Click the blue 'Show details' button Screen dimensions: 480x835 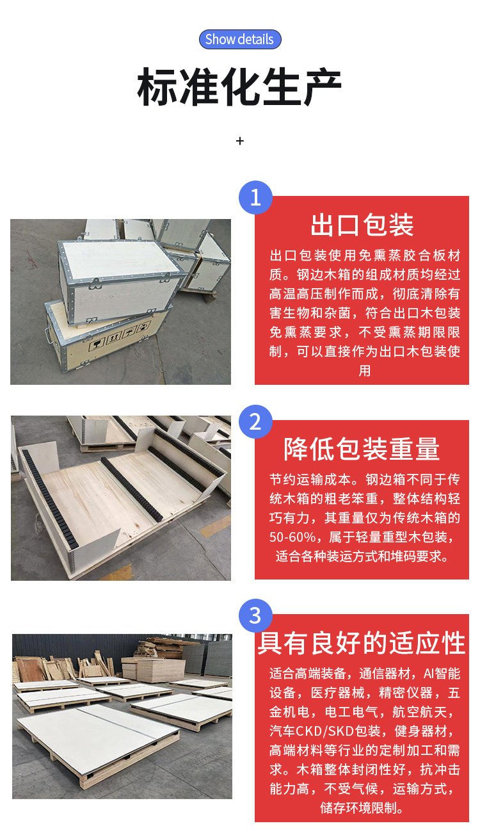[x=239, y=39]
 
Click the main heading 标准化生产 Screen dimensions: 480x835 [x=239, y=87]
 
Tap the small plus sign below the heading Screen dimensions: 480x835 [x=240, y=141]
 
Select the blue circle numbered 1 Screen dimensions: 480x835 [x=255, y=197]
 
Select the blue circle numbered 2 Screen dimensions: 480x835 [x=255, y=421]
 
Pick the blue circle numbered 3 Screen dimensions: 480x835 [x=255, y=615]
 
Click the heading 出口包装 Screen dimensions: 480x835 [x=362, y=225]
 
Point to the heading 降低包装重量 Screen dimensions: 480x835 [x=362, y=449]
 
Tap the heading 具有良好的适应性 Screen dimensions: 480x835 [x=362, y=643]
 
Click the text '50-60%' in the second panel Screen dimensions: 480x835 [x=292, y=537]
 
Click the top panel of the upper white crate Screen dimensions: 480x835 [x=119, y=257]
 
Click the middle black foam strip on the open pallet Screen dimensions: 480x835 [x=132, y=489]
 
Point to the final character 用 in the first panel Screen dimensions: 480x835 [x=364, y=371]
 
